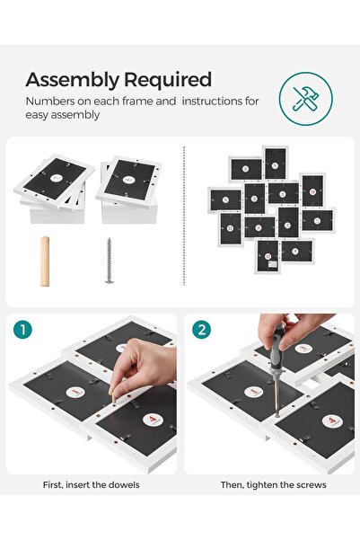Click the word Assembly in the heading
pyautogui.click(x=68, y=79)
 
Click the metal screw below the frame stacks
pyautogui.click(x=110, y=261)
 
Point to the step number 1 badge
pyautogui.click(x=23, y=330)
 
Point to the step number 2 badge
pyautogui.click(x=203, y=330)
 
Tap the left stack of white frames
pyautogui.click(x=55, y=190)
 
